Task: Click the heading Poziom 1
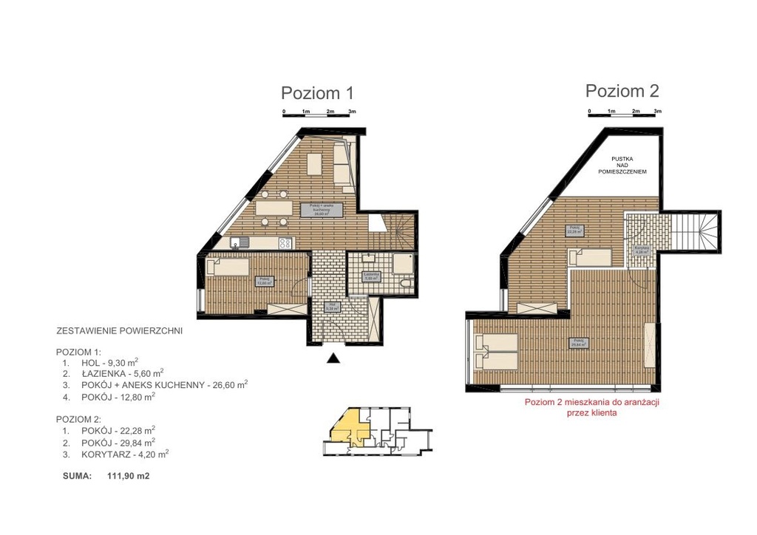click(317, 93)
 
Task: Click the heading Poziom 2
click(622, 91)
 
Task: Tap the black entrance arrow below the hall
click(333, 359)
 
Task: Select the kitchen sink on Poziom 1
click(237, 242)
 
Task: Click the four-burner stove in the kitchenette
click(285, 243)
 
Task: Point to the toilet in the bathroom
click(403, 283)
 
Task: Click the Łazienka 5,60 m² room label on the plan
click(371, 277)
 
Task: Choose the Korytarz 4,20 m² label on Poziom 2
click(641, 251)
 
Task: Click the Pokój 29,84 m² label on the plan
click(577, 342)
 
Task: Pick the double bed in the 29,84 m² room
click(498, 350)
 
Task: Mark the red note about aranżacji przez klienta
click(591, 408)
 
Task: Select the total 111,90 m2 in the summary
click(129, 477)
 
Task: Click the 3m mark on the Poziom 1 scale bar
click(352, 111)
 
